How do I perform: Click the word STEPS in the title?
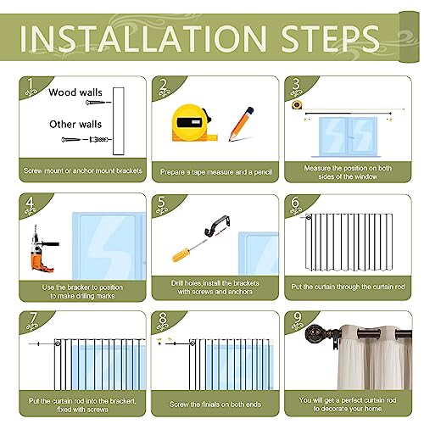coord(330,38)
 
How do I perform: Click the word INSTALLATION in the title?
coord(143,38)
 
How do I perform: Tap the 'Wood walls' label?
coord(75,92)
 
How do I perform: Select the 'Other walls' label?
coord(75,124)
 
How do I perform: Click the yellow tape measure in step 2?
coord(193,123)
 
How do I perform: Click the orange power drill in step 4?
coord(42,249)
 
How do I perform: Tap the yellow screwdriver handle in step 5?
coord(181,254)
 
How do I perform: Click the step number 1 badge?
coord(31,86)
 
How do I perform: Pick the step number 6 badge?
coord(295,204)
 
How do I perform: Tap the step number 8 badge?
coord(163,321)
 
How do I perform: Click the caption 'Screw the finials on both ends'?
coord(215,404)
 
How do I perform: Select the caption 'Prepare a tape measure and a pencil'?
coord(216,172)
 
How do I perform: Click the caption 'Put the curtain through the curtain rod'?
coord(348,287)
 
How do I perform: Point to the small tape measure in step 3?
coord(297,105)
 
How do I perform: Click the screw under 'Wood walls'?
coord(98,103)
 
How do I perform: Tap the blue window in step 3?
coord(348,137)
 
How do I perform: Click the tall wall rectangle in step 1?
coord(119,121)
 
